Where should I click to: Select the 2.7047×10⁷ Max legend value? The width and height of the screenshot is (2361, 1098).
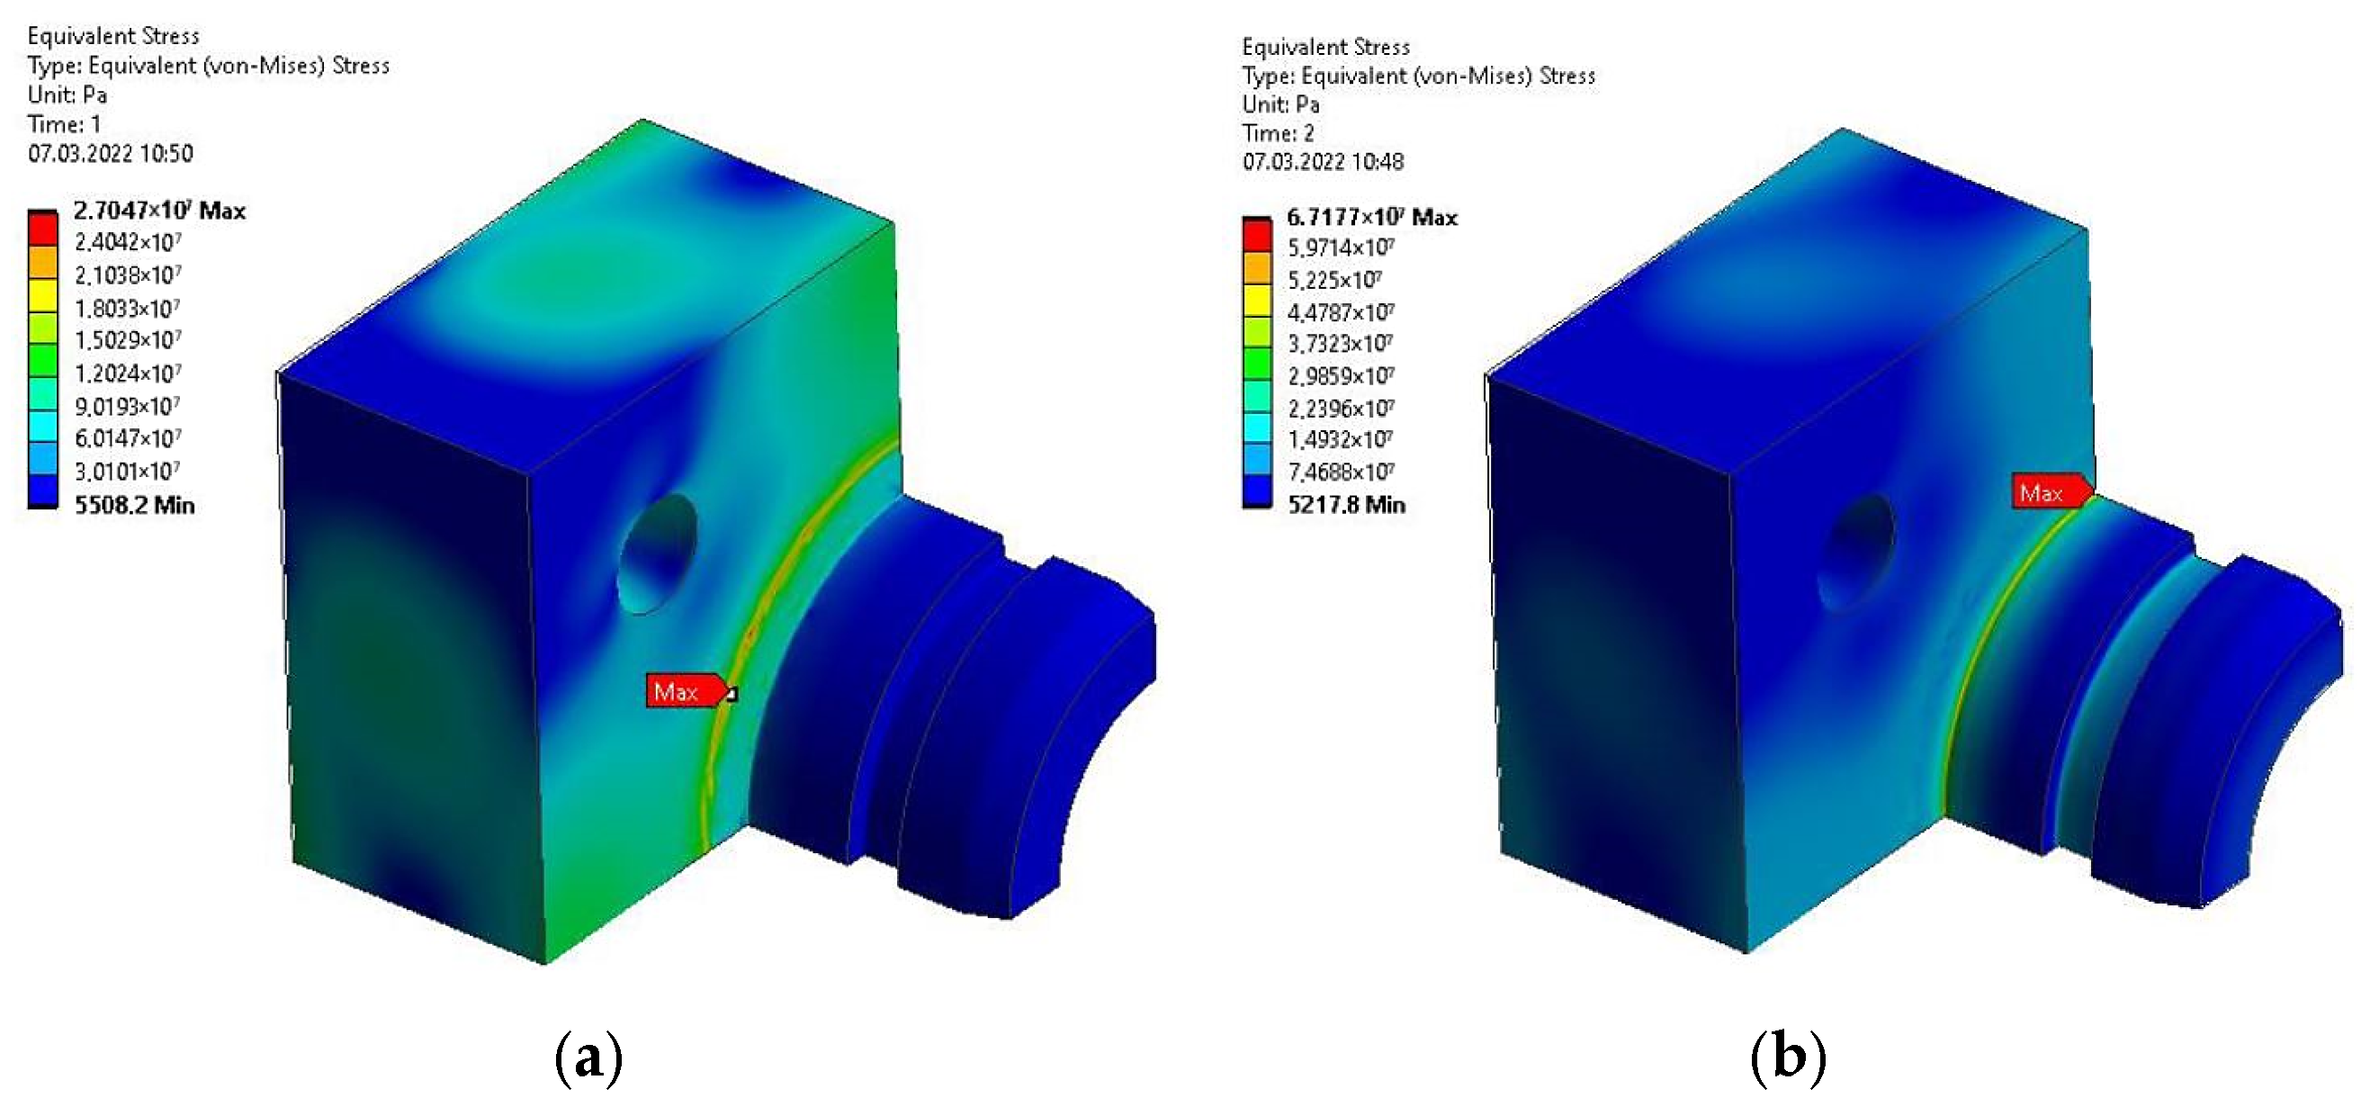point(159,211)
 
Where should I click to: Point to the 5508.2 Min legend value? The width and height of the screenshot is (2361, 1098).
point(135,505)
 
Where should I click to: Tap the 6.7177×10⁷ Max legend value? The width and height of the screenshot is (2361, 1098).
point(1371,217)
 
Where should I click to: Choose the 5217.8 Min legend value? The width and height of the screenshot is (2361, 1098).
point(1346,504)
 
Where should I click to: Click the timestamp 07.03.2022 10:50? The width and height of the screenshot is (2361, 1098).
point(110,153)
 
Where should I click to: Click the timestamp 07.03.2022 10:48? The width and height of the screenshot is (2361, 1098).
point(1323,162)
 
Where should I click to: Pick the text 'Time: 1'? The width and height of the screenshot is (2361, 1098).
point(64,123)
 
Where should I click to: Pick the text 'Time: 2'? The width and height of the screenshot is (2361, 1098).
point(1279,133)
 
